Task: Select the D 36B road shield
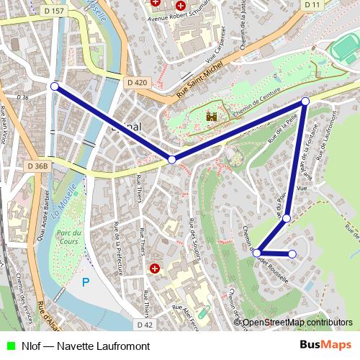point(37,166)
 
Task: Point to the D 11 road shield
point(312,4)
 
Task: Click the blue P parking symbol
point(86,282)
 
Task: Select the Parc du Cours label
point(69,238)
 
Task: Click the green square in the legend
point(10,346)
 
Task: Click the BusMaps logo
point(325,346)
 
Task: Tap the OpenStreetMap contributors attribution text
point(297,323)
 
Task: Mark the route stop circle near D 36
point(55,86)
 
